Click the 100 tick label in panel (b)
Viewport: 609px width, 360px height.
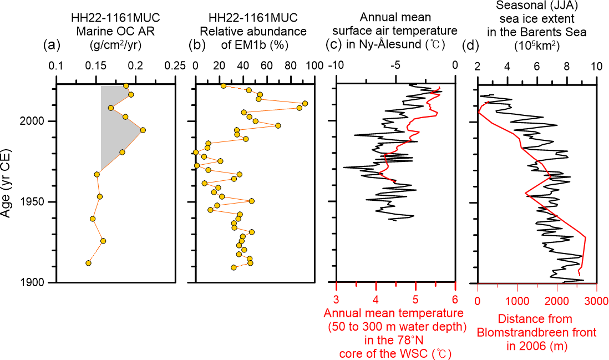click(x=314, y=65)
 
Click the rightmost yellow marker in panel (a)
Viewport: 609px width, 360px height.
click(x=143, y=130)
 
